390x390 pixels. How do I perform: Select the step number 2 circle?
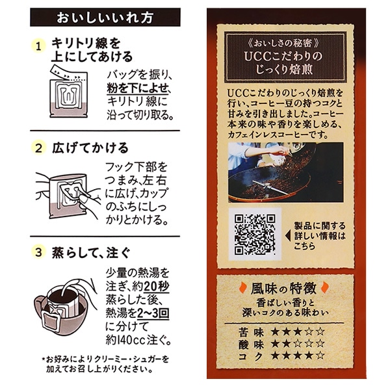38,149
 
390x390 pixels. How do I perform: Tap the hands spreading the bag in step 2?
65,192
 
